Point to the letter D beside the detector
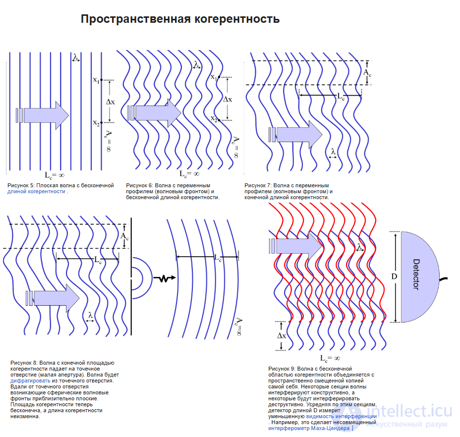pyautogui.click(x=395, y=276)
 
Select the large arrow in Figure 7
pyautogui.click(x=299, y=134)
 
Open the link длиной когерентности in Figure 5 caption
pyautogui.click(x=36, y=191)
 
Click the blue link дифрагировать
pyautogui.click(x=30, y=381)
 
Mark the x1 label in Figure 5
pyautogui.click(x=96, y=80)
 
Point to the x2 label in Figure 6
pyautogui.click(x=214, y=118)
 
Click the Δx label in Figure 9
pyautogui.click(x=281, y=335)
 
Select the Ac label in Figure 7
pyautogui.click(x=367, y=73)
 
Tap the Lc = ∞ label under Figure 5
pyautogui.click(x=55, y=174)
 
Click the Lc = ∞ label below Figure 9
pyautogui.click(x=329, y=358)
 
